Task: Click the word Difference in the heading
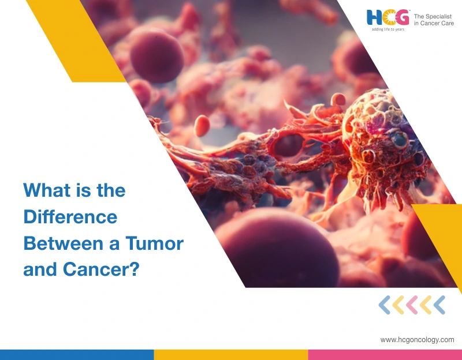point(70,217)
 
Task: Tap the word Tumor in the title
point(154,243)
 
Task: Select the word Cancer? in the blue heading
point(100,269)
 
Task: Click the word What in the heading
point(47,190)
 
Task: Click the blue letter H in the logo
point(374,17)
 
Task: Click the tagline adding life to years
point(388,29)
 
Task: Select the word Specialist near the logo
point(438,17)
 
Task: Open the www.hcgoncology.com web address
point(417,340)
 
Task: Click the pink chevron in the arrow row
point(412,305)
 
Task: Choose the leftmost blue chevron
point(385,305)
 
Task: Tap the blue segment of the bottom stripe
point(77,355)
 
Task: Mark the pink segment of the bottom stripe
point(385,355)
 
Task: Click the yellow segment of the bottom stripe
point(231,355)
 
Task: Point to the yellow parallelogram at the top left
point(76,41)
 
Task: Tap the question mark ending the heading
point(135,269)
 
